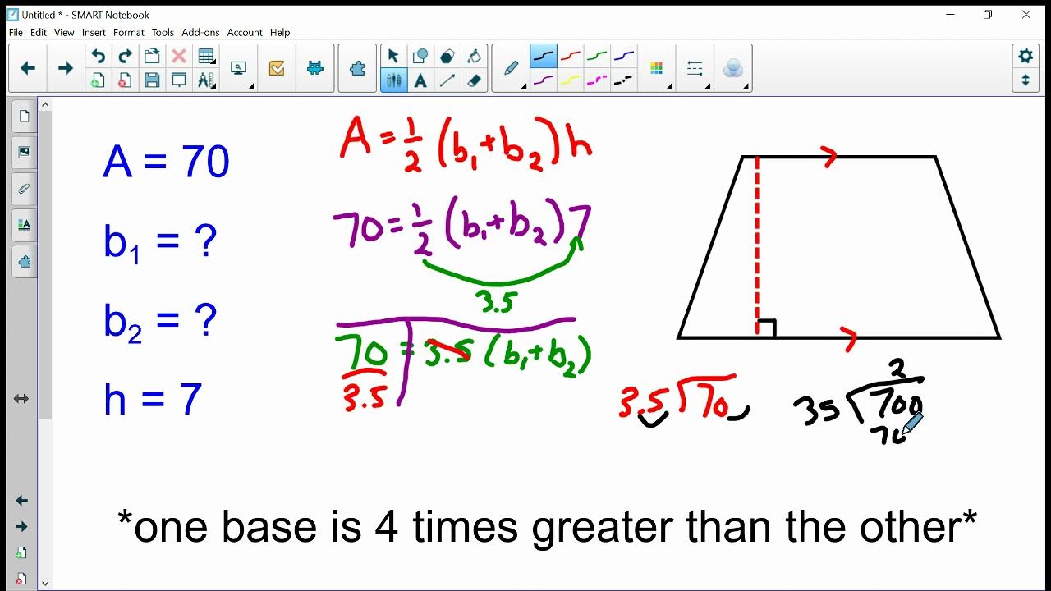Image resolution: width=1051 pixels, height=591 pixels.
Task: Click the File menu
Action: [16, 33]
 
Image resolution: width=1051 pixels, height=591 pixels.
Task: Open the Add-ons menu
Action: [200, 33]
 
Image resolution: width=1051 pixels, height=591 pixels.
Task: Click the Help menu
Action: [280, 33]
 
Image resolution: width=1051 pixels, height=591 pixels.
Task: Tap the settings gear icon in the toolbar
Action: [1026, 56]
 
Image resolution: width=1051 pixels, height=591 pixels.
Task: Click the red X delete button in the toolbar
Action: [178, 56]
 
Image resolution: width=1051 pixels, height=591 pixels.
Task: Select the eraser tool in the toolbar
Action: [474, 80]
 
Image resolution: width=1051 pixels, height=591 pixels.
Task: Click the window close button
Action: [1026, 15]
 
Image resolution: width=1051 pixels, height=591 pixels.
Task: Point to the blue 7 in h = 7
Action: [190, 400]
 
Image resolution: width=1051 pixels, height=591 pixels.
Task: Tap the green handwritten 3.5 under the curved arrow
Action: [496, 302]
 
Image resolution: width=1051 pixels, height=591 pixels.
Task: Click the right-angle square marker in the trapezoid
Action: [766, 328]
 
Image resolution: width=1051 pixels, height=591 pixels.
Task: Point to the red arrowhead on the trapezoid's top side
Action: [829, 157]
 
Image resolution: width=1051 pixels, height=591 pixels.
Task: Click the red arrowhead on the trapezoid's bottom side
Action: [850, 338]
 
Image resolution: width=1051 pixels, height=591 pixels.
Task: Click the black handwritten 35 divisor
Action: [817, 409]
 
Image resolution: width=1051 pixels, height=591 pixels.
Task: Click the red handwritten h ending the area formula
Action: [579, 147]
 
